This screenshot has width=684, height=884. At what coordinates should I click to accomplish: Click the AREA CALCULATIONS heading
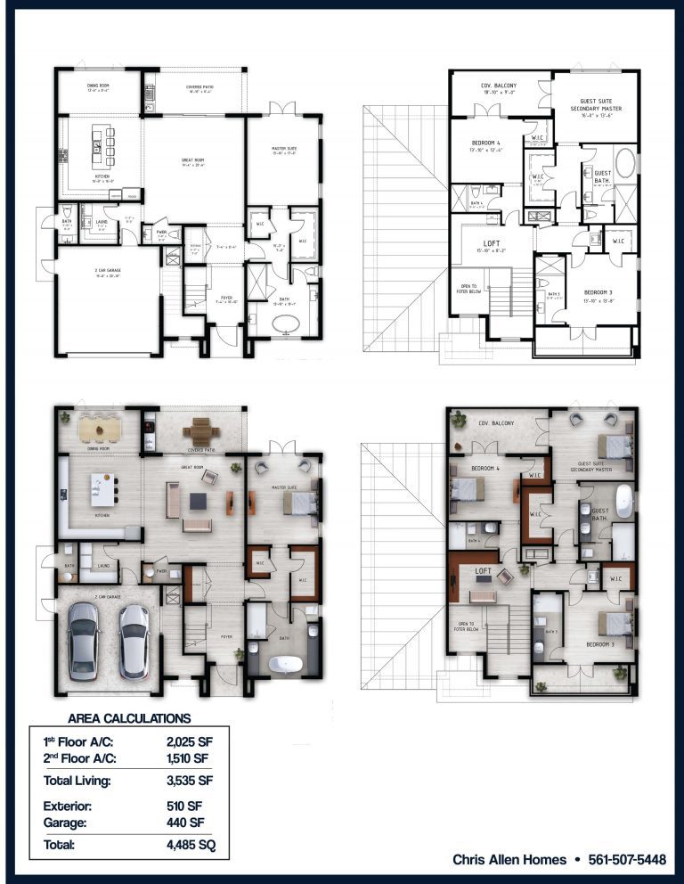point(129,718)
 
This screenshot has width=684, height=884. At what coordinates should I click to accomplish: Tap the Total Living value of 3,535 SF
point(189,782)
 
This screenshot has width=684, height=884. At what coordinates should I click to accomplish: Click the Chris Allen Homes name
point(509,860)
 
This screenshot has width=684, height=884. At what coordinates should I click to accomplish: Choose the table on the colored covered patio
point(200,431)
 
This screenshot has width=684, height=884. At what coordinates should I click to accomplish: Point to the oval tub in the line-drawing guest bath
point(625,166)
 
